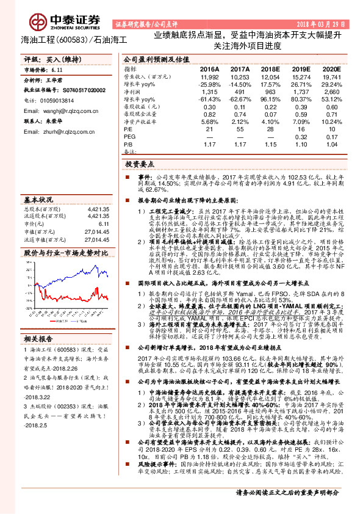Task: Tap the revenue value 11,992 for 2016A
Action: point(209,78)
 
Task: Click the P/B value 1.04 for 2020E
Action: point(331,143)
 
